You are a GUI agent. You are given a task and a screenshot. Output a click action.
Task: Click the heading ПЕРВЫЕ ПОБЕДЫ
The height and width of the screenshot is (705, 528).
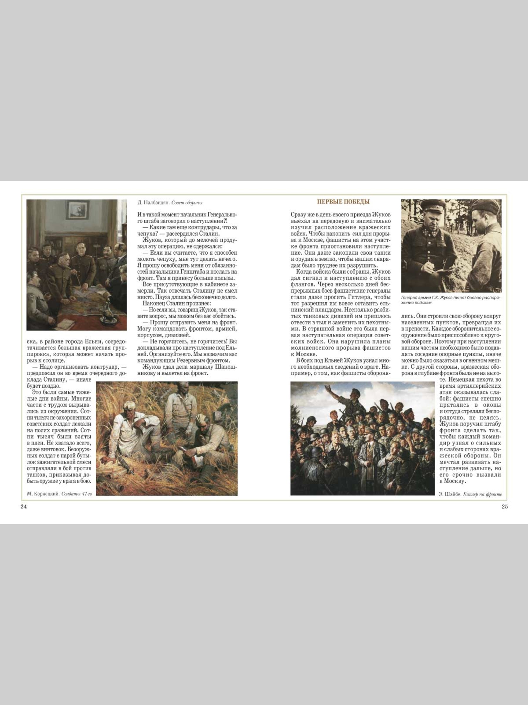click(343, 202)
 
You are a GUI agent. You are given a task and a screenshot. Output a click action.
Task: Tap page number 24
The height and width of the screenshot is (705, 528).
click(23, 507)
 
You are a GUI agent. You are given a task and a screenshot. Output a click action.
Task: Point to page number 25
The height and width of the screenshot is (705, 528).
click(505, 507)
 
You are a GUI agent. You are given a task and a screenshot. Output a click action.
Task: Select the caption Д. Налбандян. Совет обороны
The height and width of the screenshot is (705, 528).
click(170, 202)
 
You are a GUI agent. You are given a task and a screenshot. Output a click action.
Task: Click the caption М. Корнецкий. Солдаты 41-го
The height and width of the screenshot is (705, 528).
click(60, 494)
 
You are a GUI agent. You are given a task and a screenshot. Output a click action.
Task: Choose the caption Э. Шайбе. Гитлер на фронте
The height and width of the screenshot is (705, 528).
click(472, 494)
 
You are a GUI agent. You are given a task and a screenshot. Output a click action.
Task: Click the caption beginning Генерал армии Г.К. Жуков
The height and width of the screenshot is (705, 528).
click(451, 300)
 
